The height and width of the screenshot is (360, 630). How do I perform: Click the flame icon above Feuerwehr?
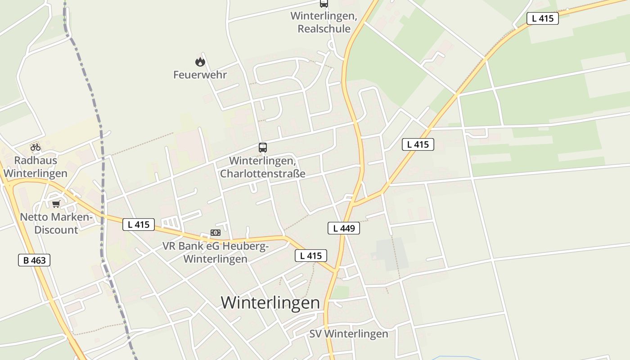pos(200,62)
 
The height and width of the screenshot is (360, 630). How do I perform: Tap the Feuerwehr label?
pos(200,75)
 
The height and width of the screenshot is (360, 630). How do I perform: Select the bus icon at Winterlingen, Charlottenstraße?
pos(263,147)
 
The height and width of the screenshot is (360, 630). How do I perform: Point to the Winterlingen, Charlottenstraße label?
pos(263,167)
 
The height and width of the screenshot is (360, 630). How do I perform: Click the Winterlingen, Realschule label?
pos(324,22)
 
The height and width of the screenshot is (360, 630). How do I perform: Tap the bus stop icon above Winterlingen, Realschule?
pos(324,4)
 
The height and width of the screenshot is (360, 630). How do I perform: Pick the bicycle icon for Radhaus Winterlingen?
pos(36,147)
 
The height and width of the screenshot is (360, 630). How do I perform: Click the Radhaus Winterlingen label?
pos(36,167)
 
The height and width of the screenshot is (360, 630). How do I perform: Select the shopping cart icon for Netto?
pos(56,204)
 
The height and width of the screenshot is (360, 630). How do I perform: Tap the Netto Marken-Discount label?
pos(56,224)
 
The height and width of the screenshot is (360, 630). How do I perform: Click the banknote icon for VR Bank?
pos(216,233)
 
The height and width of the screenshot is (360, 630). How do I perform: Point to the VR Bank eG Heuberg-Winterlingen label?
pos(216,252)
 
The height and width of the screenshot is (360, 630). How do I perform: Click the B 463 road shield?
pos(34,260)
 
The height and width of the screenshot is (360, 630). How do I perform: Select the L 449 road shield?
pos(344,228)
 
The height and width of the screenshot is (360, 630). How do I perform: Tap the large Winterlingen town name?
pos(270,302)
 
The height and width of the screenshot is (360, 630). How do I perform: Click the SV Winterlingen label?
pos(349,334)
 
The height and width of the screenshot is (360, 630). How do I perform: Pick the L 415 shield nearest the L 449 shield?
pos(311,256)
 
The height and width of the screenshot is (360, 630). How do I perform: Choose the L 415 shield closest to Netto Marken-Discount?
pos(139,224)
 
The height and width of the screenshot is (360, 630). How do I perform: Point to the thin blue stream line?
pos(454,357)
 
